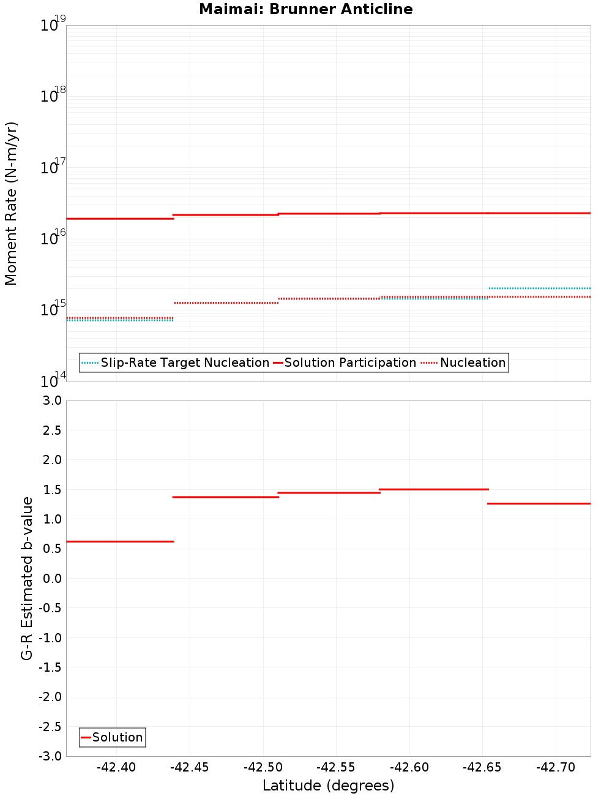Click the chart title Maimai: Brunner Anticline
pos(306,9)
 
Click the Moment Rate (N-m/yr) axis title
pos(11,203)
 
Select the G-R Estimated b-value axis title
pos(27,578)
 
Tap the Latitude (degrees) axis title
pos(328,786)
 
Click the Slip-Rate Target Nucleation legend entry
pos(176,362)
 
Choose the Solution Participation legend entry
pos(345,362)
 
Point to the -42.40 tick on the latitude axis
pos(116,767)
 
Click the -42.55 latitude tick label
pos(336,767)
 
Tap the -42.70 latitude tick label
pos(556,767)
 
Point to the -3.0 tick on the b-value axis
pos(50,756)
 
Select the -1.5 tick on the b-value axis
pos(50,667)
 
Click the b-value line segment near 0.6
pos(120,541)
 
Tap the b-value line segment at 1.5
pos(434,489)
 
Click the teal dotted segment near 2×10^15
pos(540,288)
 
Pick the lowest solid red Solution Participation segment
pos(120,219)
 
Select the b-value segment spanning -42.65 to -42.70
pos(539,503)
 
